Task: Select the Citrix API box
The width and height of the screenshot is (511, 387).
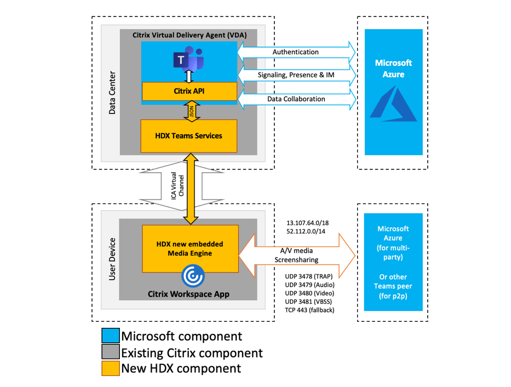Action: (189, 90)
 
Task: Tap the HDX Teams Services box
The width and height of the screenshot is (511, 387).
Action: (189, 135)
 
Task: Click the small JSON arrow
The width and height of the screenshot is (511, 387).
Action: (190, 112)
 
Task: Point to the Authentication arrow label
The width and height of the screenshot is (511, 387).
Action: (296, 52)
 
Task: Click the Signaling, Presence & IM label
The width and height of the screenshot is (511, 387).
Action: (296, 75)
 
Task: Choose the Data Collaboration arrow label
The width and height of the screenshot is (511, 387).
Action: (296, 99)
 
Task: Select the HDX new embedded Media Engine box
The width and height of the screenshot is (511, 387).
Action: (189, 248)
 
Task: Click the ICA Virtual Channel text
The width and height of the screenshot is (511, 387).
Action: (177, 189)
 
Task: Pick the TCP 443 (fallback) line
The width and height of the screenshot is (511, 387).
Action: (309, 310)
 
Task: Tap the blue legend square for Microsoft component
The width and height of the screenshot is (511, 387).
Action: (111, 336)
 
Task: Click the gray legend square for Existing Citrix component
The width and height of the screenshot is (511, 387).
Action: (111, 352)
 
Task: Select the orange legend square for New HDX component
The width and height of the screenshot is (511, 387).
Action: (111, 368)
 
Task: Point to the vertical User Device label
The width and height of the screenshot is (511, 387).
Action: (112, 259)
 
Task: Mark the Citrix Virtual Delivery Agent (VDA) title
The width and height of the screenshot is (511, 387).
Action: (190, 35)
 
